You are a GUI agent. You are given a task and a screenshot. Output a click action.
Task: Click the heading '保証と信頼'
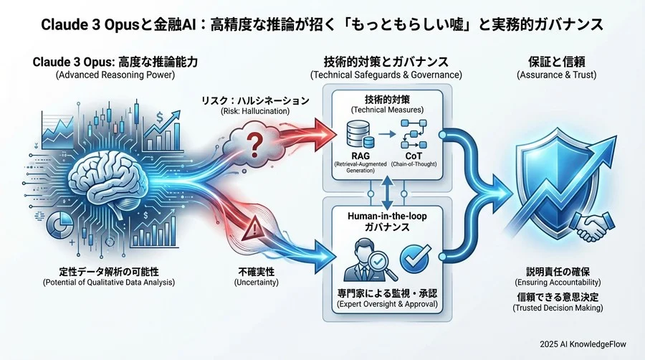pos(558,62)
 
